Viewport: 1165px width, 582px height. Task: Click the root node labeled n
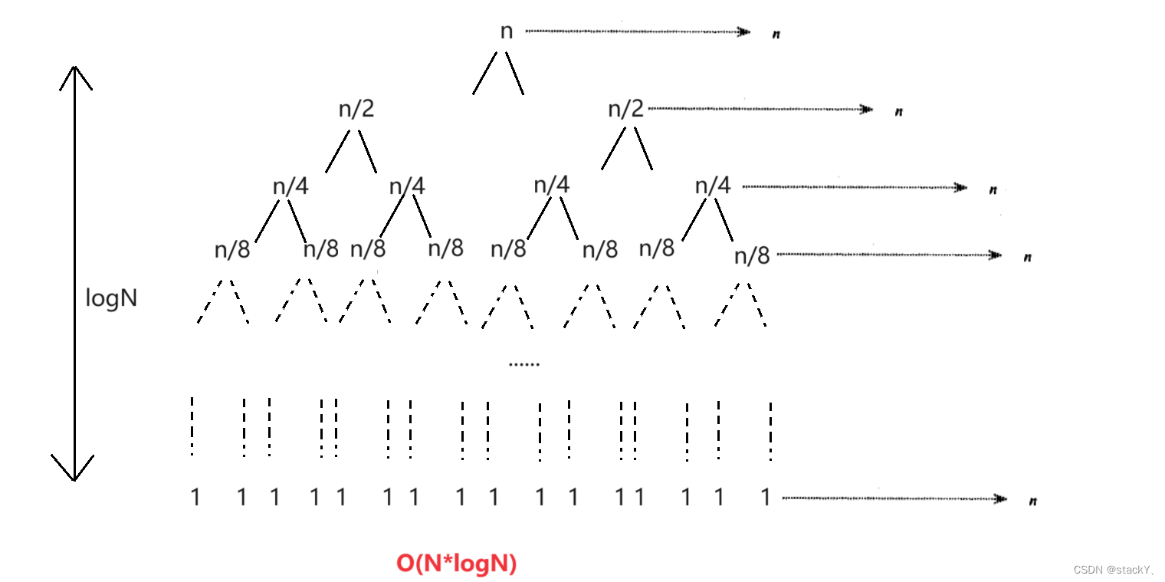(x=506, y=31)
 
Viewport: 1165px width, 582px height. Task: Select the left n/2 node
(x=356, y=109)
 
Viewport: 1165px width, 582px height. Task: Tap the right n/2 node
(x=625, y=109)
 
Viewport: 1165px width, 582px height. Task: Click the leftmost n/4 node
(x=290, y=186)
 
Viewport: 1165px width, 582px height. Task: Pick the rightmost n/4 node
(x=713, y=186)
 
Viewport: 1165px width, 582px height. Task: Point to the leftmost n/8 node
(x=232, y=250)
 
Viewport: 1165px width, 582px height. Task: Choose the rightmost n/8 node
(x=751, y=255)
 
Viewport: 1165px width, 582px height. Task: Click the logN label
(x=111, y=298)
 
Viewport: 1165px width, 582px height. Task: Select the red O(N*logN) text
(x=456, y=564)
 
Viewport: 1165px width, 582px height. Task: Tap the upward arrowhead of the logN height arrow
(x=74, y=73)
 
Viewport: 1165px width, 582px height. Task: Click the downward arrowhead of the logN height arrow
(x=74, y=472)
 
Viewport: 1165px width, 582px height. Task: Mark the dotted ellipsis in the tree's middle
(x=524, y=364)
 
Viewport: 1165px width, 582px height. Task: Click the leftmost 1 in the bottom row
(x=195, y=498)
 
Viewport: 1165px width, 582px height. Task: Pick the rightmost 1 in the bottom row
(x=765, y=498)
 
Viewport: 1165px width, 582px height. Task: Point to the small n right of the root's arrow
(x=776, y=35)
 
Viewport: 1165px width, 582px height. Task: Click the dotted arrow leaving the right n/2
(x=759, y=109)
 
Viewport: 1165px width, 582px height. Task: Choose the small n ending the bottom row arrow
(x=1033, y=501)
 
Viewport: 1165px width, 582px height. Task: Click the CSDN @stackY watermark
(x=1114, y=569)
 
